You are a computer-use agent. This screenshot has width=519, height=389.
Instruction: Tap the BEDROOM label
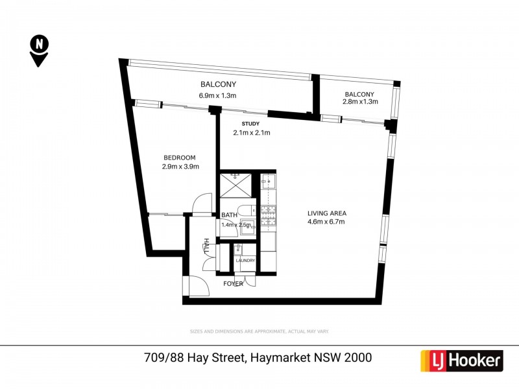point(180,158)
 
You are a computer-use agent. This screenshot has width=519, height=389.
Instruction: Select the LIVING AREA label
point(327,213)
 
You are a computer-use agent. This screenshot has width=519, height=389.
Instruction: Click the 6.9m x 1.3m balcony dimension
point(218,97)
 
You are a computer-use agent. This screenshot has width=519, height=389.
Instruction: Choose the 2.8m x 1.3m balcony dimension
point(360,102)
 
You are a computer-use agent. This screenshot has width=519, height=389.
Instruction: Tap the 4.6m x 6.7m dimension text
point(327,222)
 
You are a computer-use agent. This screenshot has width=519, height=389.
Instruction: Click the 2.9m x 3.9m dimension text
point(180,167)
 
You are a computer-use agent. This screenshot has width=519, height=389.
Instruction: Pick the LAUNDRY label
point(246,261)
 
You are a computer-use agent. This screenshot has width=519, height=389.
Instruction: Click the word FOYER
point(234,283)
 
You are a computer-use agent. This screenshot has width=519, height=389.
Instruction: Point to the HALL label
point(207,246)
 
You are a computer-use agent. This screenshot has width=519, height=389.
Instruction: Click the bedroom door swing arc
point(202,202)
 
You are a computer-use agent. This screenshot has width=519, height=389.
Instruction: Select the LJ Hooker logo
point(462,360)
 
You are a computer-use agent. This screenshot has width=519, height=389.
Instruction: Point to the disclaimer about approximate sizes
point(259,331)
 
